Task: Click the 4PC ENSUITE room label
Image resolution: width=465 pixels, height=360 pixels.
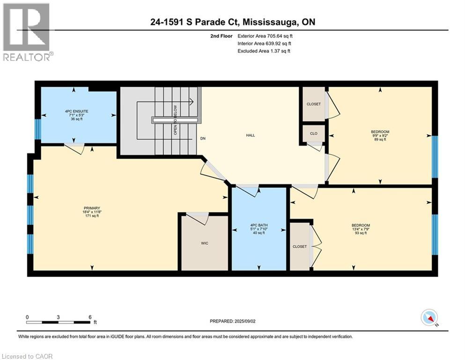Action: [x=76, y=111]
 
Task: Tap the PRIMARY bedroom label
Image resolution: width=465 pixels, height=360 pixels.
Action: [x=92, y=208]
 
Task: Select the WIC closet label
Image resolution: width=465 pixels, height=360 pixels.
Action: [x=205, y=243]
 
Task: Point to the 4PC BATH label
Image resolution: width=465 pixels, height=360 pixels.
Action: [x=259, y=225]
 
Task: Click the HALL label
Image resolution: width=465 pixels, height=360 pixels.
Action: [x=251, y=135]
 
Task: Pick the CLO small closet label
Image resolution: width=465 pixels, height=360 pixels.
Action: [x=314, y=134]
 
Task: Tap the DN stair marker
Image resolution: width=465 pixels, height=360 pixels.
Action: [x=203, y=138]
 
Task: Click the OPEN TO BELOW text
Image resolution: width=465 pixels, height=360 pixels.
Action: [x=175, y=120]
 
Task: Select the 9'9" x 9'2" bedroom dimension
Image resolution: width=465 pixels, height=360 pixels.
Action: [x=380, y=135]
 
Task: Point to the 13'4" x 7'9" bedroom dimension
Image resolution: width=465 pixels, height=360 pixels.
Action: [x=361, y=229]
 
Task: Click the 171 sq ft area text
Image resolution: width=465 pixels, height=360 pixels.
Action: [x=92, y=216]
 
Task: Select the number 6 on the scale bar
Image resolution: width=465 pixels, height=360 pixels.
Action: [x=90, y=317]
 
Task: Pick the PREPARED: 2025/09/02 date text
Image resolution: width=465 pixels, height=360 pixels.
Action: [x=232, y=321]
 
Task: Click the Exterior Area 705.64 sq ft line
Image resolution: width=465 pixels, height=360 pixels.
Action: [x=265, y=36]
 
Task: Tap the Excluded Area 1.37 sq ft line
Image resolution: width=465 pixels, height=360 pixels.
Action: [x=264, y=51]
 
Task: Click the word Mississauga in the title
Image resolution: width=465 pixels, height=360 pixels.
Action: [x=271, y=22]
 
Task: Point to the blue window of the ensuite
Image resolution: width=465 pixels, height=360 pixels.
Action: [x=37, y=129]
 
